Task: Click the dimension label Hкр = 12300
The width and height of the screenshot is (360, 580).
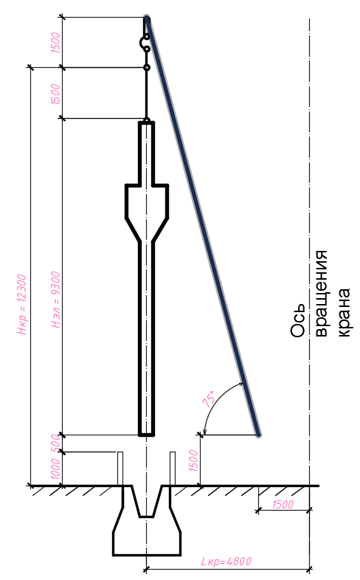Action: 22,305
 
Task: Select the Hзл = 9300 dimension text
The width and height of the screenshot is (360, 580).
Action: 55,300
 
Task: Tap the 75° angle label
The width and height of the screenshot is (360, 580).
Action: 209,398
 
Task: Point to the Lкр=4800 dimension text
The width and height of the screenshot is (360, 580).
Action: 226,562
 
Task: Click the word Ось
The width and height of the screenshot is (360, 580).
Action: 298,321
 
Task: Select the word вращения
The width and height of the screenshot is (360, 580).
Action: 322,294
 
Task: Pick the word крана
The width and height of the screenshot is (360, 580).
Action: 343,313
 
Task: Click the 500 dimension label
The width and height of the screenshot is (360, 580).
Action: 55,443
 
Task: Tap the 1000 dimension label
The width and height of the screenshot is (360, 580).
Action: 55,469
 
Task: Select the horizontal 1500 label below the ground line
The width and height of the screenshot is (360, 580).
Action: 283,505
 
